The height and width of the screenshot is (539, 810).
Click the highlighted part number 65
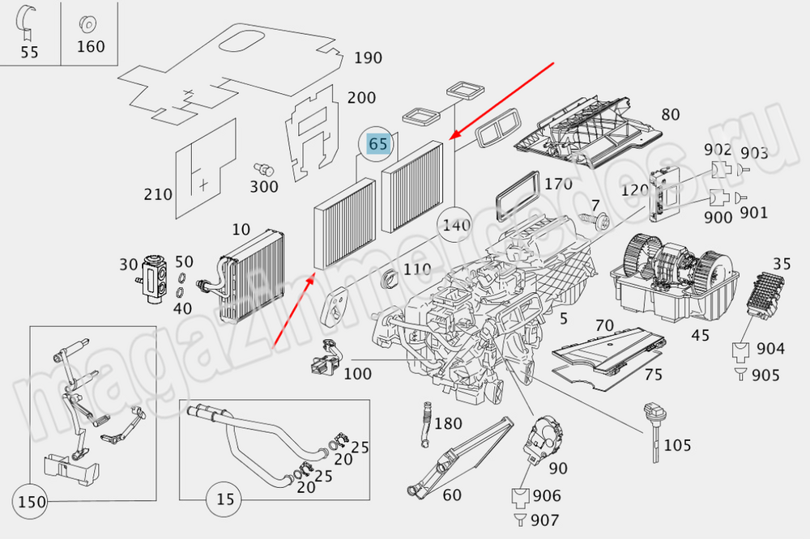tap(378, 143)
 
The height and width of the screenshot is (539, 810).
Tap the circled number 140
tap(456, 226)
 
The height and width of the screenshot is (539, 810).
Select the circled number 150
tap(32, 502)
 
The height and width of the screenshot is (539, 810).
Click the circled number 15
tap(224, 499)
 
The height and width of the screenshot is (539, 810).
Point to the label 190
tap(368, 57)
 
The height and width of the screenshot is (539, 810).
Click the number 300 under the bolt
tap(264, 186)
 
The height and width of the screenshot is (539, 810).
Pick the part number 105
tap(677, 445)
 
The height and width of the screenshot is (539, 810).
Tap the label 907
tap(544, 520)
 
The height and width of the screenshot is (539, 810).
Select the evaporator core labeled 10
tap(247, 275)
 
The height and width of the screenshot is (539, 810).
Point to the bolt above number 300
tap(264, 169)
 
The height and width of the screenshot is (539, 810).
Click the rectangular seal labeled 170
tap(517, 195)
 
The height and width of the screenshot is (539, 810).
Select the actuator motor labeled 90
tap(543, 436)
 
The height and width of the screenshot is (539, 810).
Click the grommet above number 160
tap(87, 23)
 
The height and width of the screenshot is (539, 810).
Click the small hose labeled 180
tap(427, 424)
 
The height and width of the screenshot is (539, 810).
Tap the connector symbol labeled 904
tap(741, 350)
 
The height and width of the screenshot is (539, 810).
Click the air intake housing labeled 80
tap(589, 131)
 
